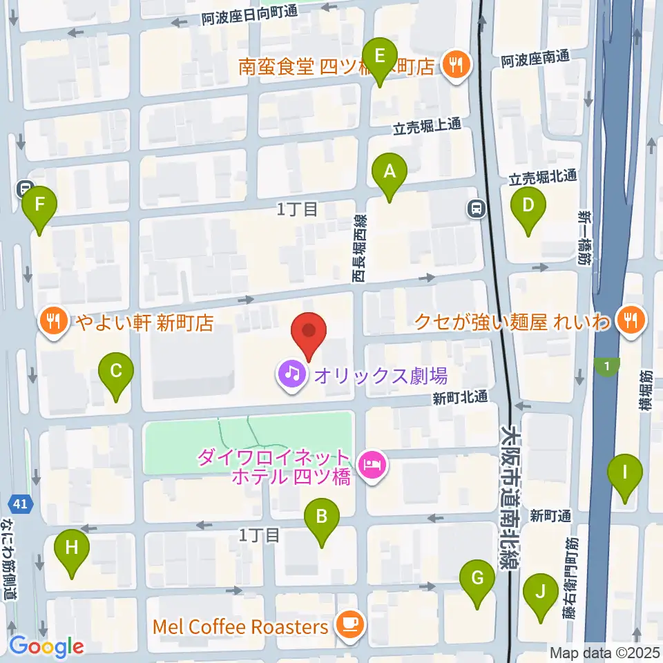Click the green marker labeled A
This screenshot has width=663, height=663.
pos(390,171)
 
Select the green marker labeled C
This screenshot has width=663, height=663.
pos(115,372)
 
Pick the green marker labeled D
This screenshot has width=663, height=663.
pos(528,205)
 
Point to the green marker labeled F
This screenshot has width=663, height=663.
pos(39,205)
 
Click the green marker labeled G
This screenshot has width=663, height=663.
pos(477,578)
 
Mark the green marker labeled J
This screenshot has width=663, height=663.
pos(541,592)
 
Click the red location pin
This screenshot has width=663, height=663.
pos(309,333)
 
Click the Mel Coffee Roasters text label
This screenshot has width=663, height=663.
pos(240,627)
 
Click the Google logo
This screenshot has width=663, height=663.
pos(46,646)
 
